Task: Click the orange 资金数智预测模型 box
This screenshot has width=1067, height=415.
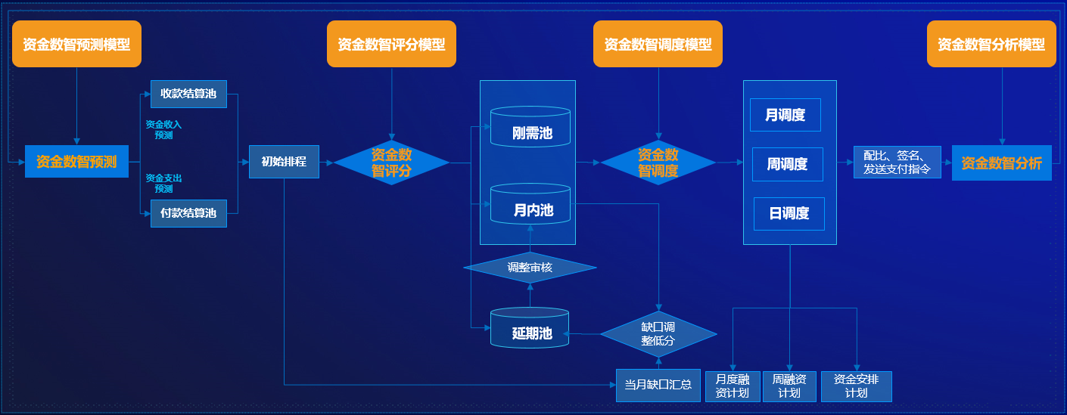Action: (x=76, y=45)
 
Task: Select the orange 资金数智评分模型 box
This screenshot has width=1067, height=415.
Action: (x=391, y=45)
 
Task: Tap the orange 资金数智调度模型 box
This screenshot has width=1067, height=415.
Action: (x=658, y=45)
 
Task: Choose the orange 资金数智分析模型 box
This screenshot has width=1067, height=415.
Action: (x=991, y=45)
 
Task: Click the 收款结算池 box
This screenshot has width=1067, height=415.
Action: (x=188, y=94)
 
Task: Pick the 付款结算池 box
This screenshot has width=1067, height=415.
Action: (x=188, y=213)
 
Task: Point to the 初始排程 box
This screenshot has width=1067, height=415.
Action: (x=284, y=162)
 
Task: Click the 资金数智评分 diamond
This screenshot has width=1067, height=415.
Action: (x=391, y=163)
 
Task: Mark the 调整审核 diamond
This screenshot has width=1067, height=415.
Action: (x=530, y=268)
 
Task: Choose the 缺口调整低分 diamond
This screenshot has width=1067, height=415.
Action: (x=658, y=334)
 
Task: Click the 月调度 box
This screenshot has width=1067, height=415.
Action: (x=785, y=115)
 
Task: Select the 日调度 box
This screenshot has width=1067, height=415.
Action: (x=789, y=214)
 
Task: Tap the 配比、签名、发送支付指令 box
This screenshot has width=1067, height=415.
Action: (x=897, y=163)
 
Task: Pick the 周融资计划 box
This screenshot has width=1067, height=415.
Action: (x=789, y=386)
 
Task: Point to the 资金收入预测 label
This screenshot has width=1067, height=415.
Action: (x=163, y=130)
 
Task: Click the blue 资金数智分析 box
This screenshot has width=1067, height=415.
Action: (x=1001, y=163)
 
